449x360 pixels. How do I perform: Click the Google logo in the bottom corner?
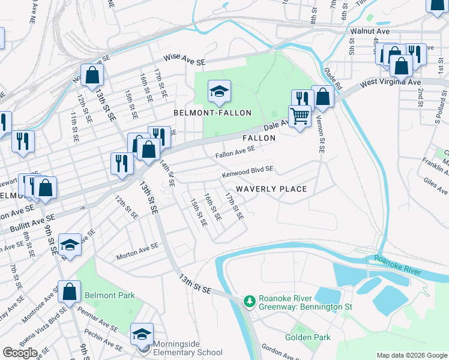[20, 353]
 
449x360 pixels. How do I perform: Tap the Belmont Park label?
[110, 295]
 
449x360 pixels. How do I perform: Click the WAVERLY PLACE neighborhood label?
[271, 189]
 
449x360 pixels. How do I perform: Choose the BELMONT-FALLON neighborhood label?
[212, 113]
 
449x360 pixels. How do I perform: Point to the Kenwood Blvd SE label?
[247, 172]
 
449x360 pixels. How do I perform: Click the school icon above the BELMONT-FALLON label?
[219, 91]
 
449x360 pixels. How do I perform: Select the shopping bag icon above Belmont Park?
[70, 291]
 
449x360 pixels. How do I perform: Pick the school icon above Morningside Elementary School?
[142, 334]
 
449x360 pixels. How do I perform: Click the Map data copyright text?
[411, 355]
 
